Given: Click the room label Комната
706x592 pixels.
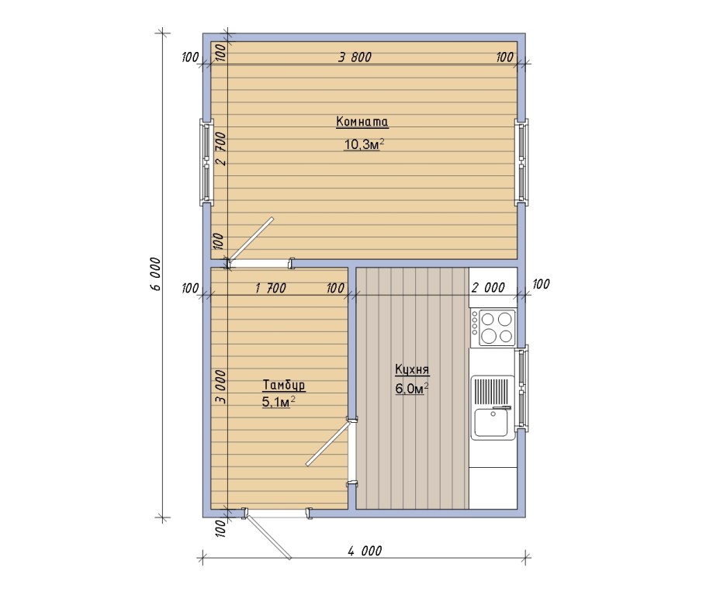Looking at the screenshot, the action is pos(362,122).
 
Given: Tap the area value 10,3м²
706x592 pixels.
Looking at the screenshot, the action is pos(365,144).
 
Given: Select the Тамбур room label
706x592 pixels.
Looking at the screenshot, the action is pos(284,386).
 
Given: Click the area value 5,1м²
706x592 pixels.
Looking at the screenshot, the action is pos(279,402).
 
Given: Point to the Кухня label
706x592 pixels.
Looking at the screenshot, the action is pos(412,370).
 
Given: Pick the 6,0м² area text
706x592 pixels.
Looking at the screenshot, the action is pos(411,389).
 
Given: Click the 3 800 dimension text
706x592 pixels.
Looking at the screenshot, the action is pos(355,57).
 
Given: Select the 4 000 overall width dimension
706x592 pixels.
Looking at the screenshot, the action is pos(365,550).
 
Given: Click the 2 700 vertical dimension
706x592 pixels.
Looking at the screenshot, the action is pos(221,148).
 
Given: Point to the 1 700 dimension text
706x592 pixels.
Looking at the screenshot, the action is pos(270,288).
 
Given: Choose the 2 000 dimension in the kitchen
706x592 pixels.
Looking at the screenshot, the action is pos(488,287).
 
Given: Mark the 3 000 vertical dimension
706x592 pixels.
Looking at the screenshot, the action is pos(220,387).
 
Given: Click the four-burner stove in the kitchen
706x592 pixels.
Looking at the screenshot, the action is pos(493,327).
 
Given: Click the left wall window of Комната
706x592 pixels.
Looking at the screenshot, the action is pos(206,161).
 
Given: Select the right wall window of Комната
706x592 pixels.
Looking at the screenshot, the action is pos(522,161).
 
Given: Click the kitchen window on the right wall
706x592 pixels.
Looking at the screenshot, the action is pos(522,387).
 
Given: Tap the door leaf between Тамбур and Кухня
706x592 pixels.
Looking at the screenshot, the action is pos(327,445).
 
